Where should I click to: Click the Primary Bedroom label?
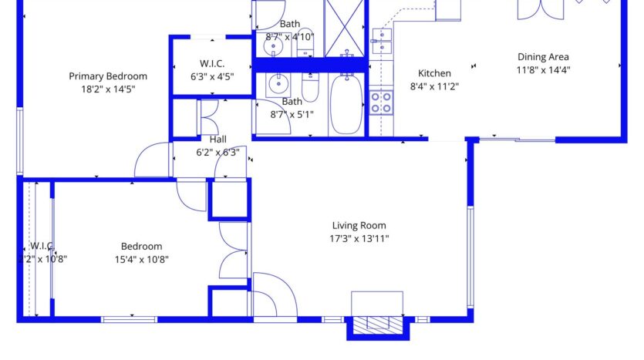point(108,76)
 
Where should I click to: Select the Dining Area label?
point(543,57)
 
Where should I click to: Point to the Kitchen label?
point(434,73)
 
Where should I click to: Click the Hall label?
point(218,140)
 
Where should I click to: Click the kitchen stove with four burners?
point(380,102)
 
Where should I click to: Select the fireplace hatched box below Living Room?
point(377,325)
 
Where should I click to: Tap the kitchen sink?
point(381,42)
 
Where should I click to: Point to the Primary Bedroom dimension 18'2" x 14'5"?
point(108,89)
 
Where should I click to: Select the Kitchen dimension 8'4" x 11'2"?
point(434,86)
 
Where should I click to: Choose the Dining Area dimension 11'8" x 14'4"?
point(543,69)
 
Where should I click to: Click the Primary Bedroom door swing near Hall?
point(151,160)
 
